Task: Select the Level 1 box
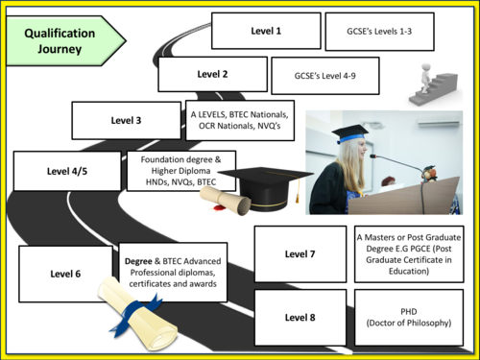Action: [x=265, y=31]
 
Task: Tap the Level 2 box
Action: [x=212, y=74]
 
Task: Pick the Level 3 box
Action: [x=127, y=120]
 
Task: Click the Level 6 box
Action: [x=65, y=274]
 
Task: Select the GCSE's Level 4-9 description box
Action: [x=324, y=75]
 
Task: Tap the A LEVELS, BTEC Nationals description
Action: [x=239, y=122]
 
